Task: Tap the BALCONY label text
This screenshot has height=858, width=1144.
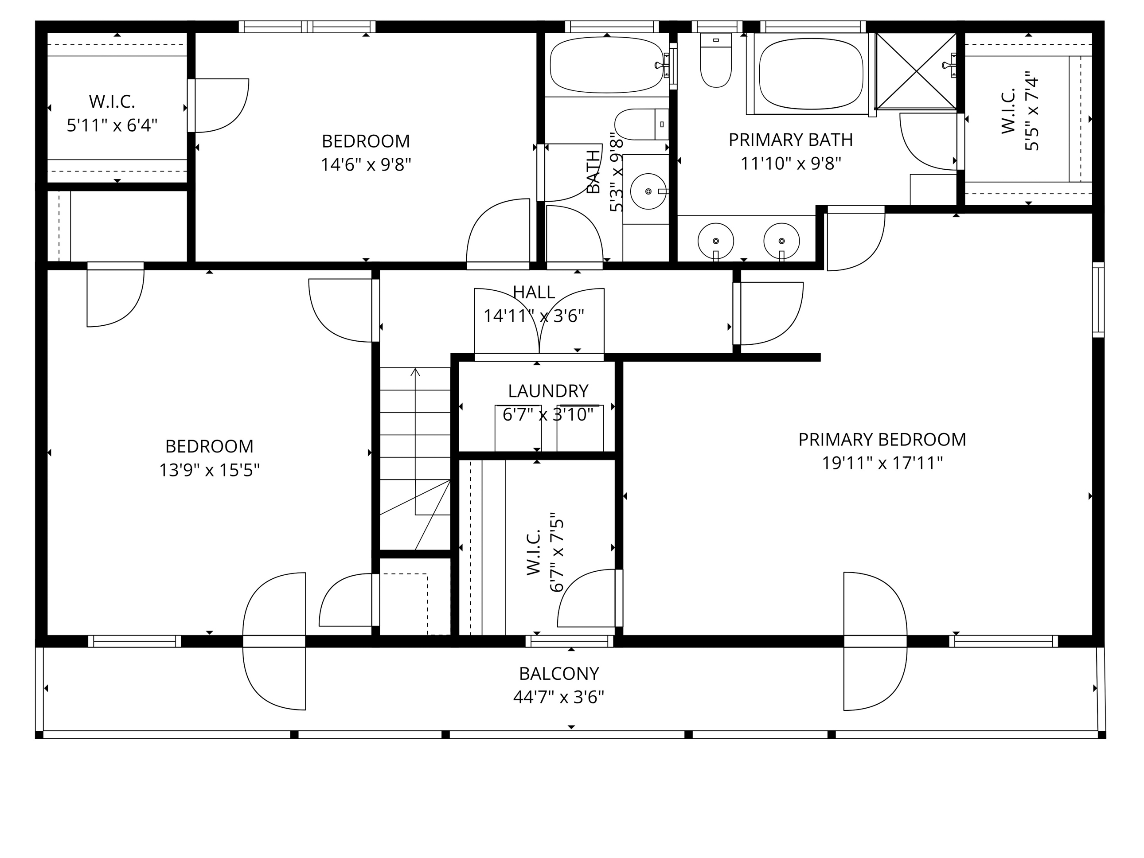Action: (x=558, y=674)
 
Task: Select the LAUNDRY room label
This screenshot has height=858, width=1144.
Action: (x=548, y=390)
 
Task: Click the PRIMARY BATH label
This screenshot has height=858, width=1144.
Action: (x=790, y=140)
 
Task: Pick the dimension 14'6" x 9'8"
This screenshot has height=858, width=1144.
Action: (x=366, y=164)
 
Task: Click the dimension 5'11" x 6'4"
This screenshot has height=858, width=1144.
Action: (x=112, y=125)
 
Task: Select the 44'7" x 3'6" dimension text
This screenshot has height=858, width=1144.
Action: (x=558, y=698)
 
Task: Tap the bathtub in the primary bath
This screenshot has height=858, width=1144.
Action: (x=811, y=74)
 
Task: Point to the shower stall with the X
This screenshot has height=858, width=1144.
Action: (x=916, y=71)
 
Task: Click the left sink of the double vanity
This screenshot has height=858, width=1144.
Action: (x=716, y=241)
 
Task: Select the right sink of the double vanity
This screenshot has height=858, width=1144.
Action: (x=781, y=241)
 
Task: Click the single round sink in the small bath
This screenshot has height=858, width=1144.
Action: (x=648, y=191)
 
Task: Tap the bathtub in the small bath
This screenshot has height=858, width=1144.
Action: (x=607, y=66)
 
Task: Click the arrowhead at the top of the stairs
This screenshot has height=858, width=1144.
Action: (x=415, y=372)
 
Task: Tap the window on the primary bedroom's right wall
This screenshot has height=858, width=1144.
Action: (x=1098, y=300)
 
